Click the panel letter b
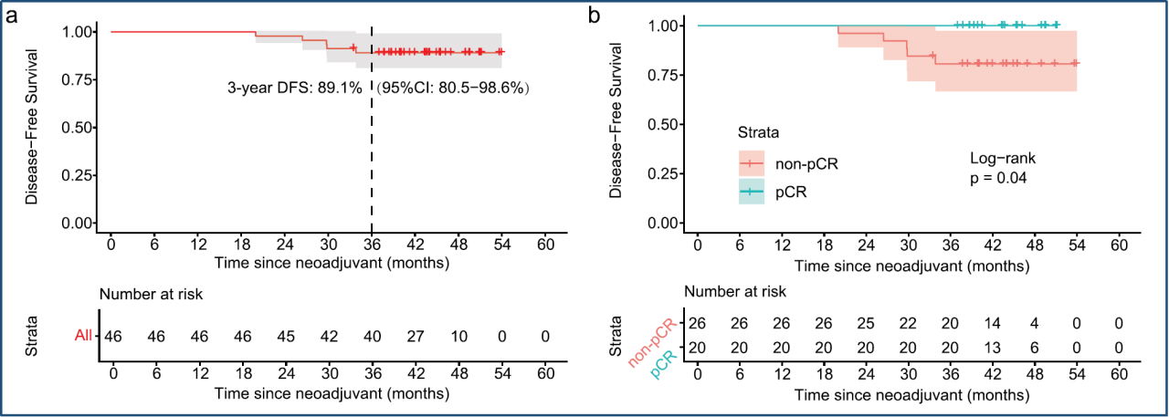[595, 16]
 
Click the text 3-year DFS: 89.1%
[295, 89]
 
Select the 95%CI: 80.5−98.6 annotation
[454, 89]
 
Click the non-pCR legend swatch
[752, 164]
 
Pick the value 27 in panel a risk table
[415, 336]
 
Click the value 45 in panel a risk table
[285, 336]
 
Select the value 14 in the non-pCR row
[993, 323]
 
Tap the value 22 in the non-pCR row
[908, 323]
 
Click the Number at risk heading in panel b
[736, 291]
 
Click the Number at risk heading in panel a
[151, 295]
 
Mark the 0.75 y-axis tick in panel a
[80, 128]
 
